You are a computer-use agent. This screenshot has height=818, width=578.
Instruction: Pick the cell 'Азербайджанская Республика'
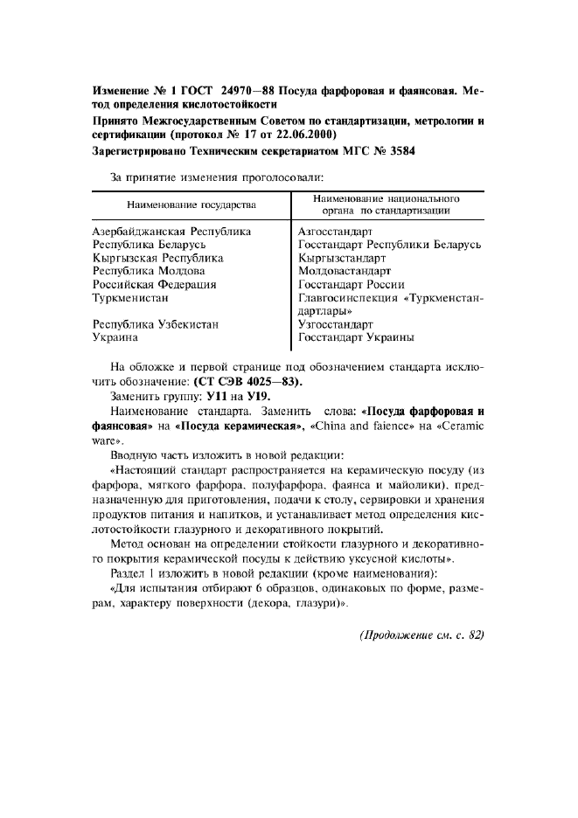(171, 232)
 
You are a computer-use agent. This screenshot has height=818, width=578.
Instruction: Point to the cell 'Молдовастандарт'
(345, 271)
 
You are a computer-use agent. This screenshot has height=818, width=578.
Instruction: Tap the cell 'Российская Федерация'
(155, 284)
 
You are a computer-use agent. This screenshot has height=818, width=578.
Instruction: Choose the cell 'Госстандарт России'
(351, 284)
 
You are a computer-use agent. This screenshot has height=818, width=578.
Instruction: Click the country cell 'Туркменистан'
(132, 297)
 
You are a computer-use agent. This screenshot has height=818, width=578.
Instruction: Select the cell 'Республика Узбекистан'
(155, 323)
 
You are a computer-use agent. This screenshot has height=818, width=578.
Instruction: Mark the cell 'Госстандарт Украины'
(356, 336)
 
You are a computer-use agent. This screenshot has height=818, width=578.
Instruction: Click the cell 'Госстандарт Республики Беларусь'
(389, 245)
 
